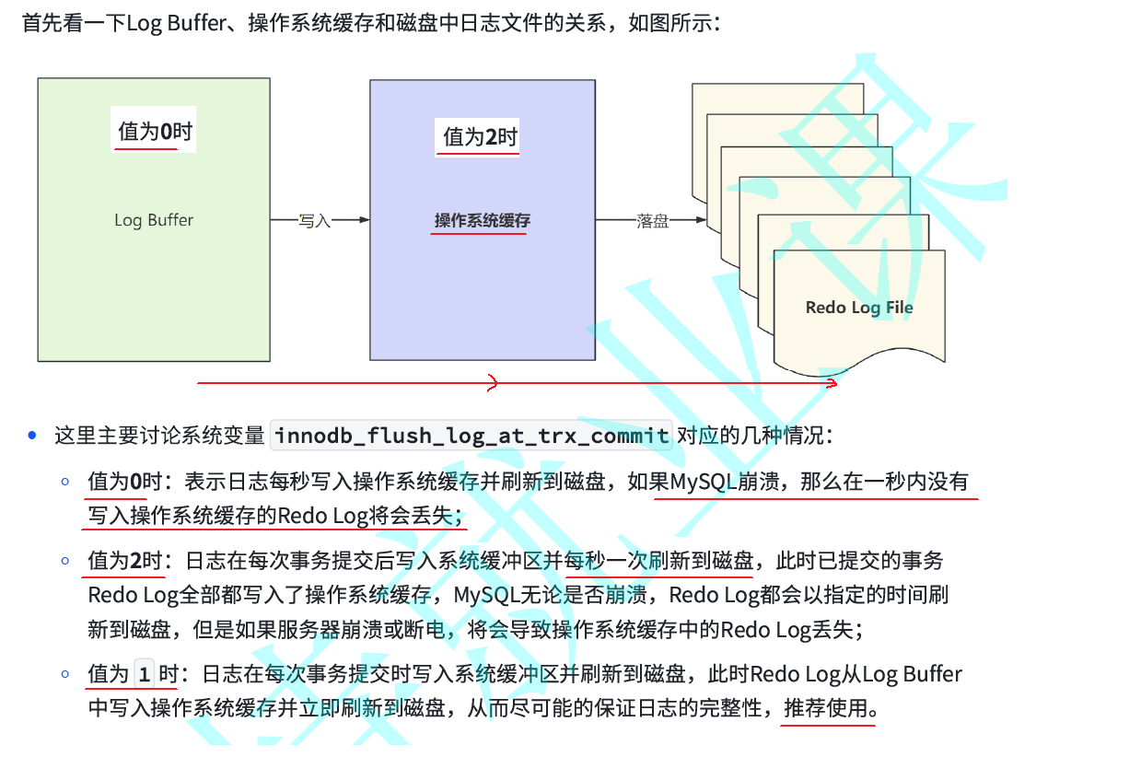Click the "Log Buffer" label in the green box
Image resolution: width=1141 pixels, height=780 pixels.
[x=154, y=220]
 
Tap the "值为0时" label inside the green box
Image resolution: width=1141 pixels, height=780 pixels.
[x=155, y=133]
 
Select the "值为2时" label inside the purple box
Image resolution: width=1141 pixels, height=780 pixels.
[x=480, y=138]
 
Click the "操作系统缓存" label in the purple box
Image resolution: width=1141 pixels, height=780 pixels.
[x=483, y=221]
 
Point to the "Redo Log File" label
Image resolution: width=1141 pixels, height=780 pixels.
[x=859, y=308]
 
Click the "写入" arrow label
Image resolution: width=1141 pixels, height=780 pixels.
[x=315, y=221]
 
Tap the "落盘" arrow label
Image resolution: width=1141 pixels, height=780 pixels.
[x=653, y=221]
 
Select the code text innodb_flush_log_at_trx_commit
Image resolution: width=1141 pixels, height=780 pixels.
[x=472, y=436]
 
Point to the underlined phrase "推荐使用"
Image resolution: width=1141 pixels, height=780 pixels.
[x=826, y=709]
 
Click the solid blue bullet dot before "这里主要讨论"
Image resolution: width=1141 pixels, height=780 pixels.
[x=33, y=436]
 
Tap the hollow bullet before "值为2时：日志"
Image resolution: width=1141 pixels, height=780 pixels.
[x=65, y=560]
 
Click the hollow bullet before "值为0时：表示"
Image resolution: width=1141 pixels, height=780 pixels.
[x=65, y=481]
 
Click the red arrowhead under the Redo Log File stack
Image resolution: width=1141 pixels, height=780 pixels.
[x=832, y=382]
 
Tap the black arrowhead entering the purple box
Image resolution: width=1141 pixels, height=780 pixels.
[x=365, y=220]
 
